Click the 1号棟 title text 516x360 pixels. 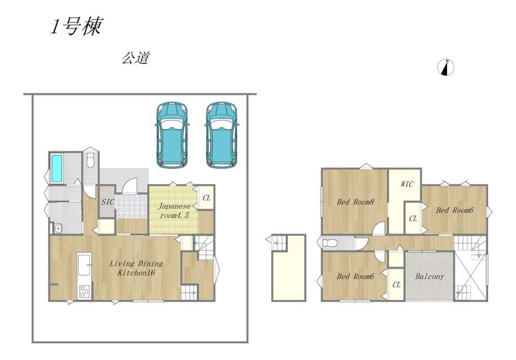coord(77,26)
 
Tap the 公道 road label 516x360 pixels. coord(136,58)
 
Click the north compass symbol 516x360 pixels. coord(446,67)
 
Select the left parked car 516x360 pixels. coord(172,135)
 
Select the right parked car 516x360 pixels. coord(222,135)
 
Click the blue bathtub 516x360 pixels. coord(56,168)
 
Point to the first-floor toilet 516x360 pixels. coord(91,160)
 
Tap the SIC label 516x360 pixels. coord(107,202)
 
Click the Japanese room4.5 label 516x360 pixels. coord(174,211)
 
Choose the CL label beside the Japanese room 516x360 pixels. coord(206,198)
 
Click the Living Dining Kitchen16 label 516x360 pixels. coord(136,268)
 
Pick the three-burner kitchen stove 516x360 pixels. coord(85,292)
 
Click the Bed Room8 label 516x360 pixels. coord(356,202)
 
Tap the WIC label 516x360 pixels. coord(407,183)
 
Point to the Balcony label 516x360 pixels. coord(430,276)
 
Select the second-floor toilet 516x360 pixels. coord(330,243)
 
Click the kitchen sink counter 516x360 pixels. coord(84,264)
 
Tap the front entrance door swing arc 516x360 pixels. coord(129,183)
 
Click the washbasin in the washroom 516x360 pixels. coord(58,228)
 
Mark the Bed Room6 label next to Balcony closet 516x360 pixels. coord(356,276)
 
